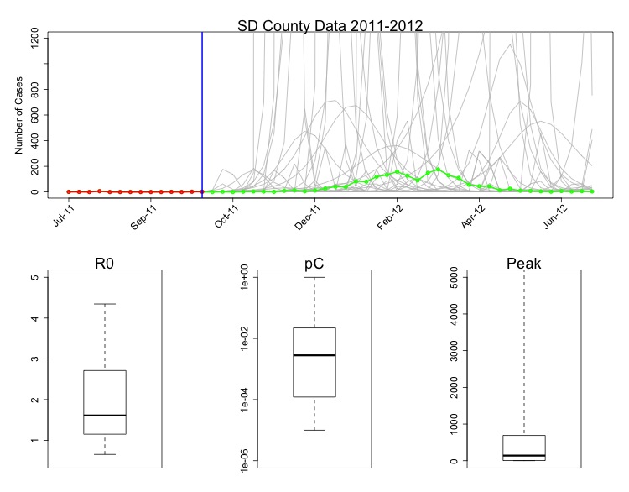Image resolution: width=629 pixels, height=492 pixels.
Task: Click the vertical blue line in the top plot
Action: coord(202,109)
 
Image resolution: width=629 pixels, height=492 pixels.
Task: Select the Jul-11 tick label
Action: coord(64,217)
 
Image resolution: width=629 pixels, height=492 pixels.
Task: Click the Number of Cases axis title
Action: coord(19,113)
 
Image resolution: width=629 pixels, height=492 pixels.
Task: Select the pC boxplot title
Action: coord(314,264)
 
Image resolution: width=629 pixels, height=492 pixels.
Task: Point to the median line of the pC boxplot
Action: coord(314,355)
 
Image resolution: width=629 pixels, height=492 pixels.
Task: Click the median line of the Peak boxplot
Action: coord(523,456)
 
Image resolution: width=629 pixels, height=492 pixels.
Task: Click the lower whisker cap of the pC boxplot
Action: coord(314,430)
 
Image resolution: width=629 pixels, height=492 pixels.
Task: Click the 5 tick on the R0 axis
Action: coord(41,277)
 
